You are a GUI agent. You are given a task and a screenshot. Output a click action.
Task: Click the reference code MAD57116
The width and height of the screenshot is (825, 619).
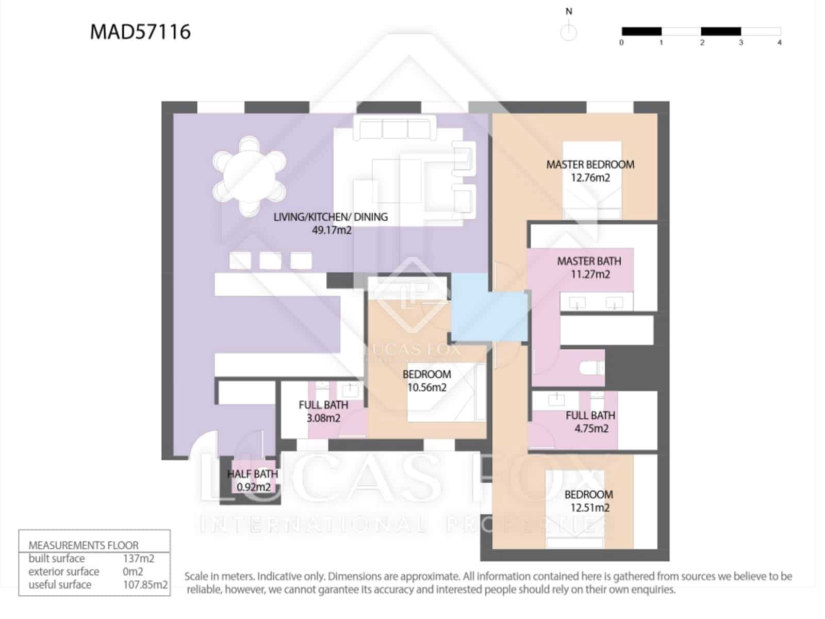pyautogui.click(x=140, y=32)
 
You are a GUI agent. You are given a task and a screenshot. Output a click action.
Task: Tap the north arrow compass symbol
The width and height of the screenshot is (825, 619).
pyautogui.click(x=568, y=32)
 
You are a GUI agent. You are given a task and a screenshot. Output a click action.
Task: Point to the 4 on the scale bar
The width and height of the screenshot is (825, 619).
pyautogui.click(x=779, y=43)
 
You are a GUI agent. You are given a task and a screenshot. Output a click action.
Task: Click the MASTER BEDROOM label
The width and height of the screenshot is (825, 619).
pyautogui.click(x=590, y=165)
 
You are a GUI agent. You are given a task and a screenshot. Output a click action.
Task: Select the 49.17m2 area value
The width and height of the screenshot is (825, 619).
pyautogui.click(x=331, y=231)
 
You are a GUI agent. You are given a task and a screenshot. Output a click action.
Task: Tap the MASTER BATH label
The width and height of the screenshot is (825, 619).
pyautogui.click(x=589, y=261)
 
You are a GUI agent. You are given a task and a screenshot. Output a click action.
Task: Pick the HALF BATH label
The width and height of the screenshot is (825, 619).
pyautogui.click(x=253, y=474)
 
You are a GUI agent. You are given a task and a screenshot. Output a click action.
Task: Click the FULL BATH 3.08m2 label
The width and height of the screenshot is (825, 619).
pyautogui.click(x=323, y=411)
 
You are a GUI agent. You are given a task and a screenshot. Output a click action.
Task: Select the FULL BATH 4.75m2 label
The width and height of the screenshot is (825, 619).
pyautogui.click(x=590, y=421)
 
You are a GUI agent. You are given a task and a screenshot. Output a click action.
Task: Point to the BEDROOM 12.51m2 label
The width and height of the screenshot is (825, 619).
pyautogui.click(x=589, y=501)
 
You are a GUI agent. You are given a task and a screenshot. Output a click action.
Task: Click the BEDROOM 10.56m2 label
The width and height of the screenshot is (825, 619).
pyautogui.click(x=426, y=381)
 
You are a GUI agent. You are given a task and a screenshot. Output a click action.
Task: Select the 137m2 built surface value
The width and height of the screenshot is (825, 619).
pyautogui.click(x=138, y=559)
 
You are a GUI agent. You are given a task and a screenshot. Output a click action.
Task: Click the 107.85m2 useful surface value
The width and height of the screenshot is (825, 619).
pyautogui.click(x=145, y=585)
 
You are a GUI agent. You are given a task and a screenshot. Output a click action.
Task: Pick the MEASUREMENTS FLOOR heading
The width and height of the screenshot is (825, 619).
pyautogui.click(x=83, y=545)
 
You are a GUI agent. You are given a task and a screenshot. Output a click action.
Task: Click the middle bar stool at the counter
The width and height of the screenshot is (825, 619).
pyautogui.click(x=270, y=260)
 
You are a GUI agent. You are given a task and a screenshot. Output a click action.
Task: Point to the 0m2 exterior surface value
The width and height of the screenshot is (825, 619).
pyautogui.click(x=133, y=572)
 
